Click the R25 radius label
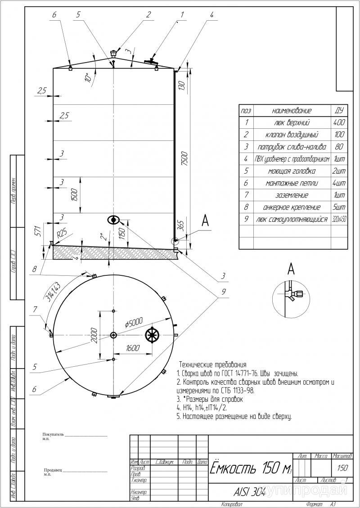pyautogui.click(x=62, y=234)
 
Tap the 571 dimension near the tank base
pyautogui.click(x=38, y=231)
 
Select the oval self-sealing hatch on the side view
pyautogui.click(x=113, y=220)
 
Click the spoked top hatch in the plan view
pyautogui.click(x=153, y=335)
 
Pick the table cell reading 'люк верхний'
pyautogui.click(x=292, y=123)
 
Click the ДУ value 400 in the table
pyautogui.click(x=339, y=123)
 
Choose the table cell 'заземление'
pyautogui.click(x=292, y=196)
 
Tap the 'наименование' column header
pyautogui.click(x=292, y=111)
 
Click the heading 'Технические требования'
pyautogui.click(x=213, y=364)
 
